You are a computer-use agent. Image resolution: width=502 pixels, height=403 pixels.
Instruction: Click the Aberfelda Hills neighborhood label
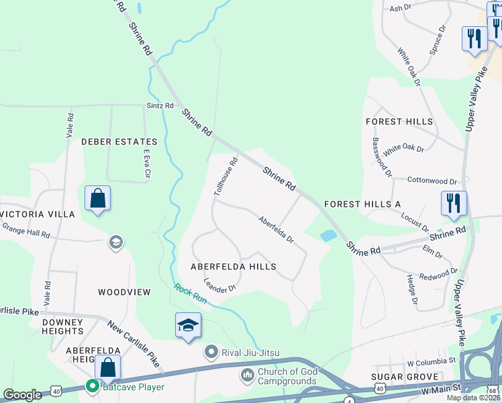[x=234, y=267]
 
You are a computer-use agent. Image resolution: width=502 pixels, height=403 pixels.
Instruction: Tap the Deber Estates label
[x=119, y=142]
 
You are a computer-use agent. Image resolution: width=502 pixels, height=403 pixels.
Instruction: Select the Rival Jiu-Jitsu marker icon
[x=211, y=352]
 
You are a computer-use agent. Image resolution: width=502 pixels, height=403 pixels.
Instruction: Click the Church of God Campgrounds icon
[x=248, y=372]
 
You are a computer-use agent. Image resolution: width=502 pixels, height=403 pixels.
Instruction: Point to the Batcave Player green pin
[x=91, y=386]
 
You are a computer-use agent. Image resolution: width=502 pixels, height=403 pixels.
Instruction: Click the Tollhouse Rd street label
[x=226, y=176]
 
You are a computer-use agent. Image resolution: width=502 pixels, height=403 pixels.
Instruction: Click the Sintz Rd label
[x=160, y=106]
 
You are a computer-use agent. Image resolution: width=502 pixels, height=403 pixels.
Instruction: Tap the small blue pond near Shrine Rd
[x=328, y=236]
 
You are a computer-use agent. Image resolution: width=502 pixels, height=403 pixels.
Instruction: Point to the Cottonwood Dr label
[x=432, y=181]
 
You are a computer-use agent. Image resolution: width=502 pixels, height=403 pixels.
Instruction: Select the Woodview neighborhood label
[x=124, y=292]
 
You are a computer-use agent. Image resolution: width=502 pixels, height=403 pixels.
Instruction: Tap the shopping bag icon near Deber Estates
[x=98, y=199]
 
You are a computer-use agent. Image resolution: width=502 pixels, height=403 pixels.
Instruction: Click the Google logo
[x=22, y=395]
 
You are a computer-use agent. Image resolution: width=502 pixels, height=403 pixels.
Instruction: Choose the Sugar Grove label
[x=408, y=377]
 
